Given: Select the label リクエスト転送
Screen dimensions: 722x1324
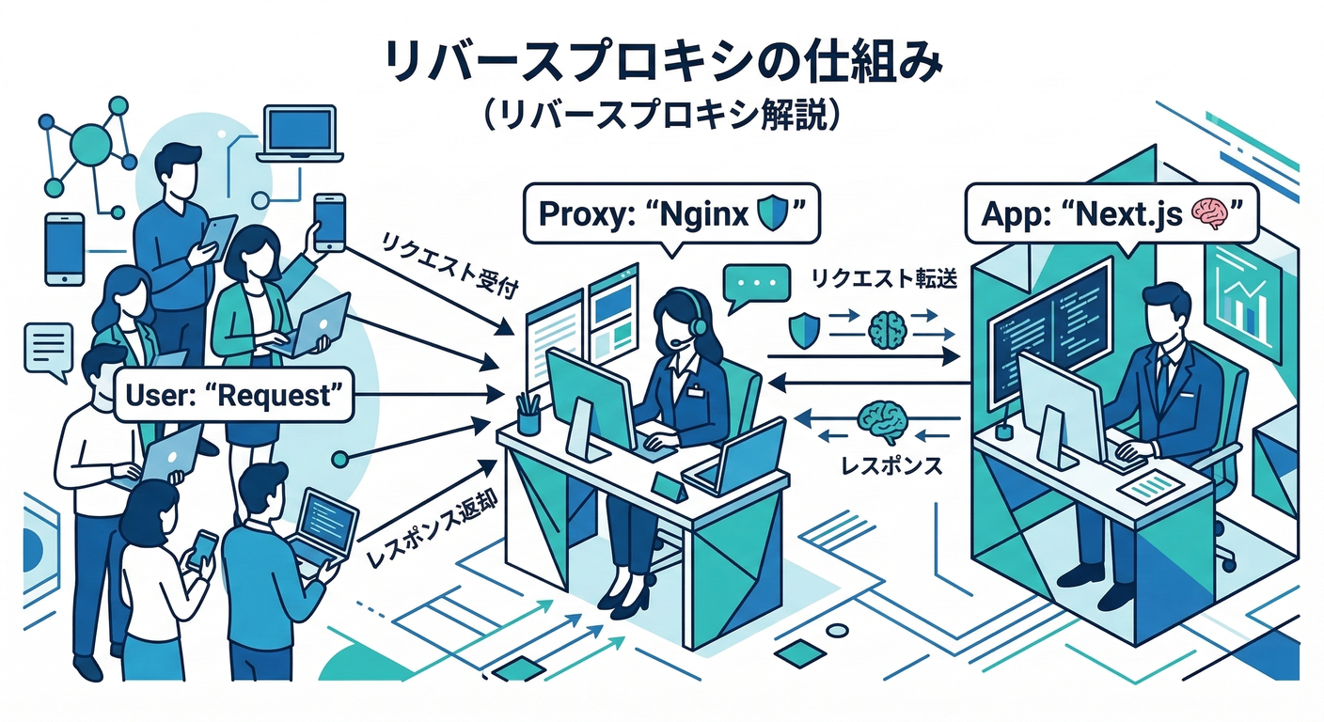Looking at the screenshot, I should [x=883, y=279].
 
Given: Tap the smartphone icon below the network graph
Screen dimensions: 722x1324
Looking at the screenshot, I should [x=65, y=247].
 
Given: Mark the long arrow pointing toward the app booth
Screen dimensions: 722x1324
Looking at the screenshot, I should [x=862, y=356].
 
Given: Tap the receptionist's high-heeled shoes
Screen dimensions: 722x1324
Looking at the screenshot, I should [x=623, y=596].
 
